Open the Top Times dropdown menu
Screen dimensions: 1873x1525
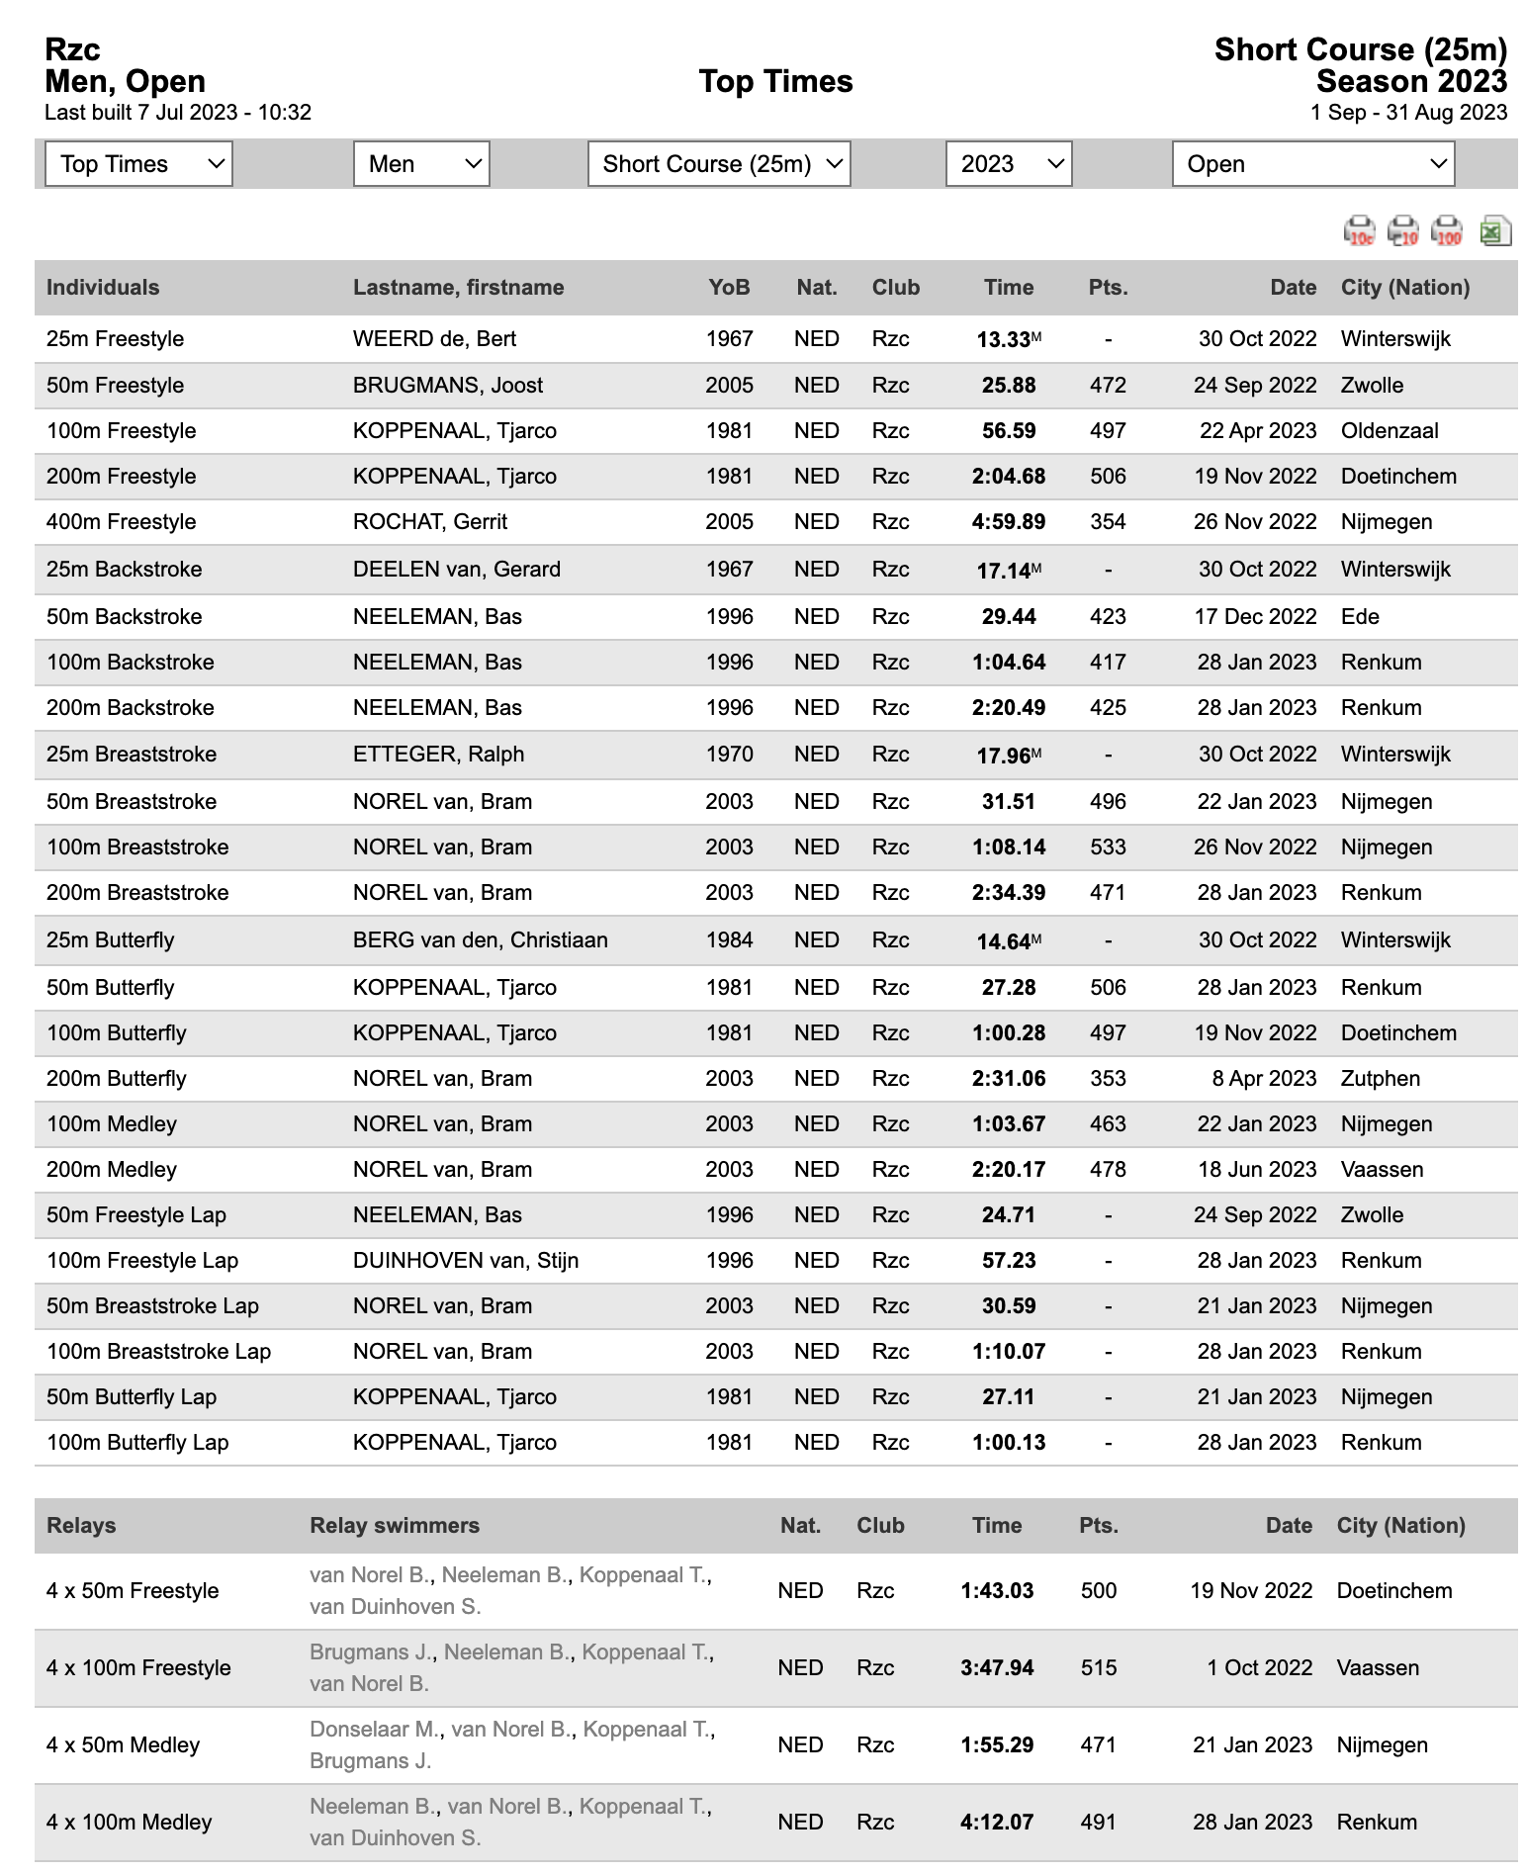138,164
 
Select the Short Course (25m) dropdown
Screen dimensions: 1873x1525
719,164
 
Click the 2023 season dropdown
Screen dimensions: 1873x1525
1009,164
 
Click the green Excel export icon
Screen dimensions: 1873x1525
1493,231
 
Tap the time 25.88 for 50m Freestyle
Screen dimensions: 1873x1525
1008,386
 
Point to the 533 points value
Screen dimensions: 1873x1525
1108,847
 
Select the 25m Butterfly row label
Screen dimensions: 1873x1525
111,940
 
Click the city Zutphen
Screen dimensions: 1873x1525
1380,1079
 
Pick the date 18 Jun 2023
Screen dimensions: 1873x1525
1257,1170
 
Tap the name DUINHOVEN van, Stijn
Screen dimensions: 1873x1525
466,1261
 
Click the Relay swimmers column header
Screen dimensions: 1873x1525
395,1525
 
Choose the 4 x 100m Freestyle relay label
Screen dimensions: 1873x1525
138,1668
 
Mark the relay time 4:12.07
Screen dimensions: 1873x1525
997,1823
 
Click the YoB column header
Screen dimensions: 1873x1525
729,288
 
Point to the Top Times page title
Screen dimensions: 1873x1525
775,81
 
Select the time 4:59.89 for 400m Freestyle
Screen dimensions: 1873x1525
1008,522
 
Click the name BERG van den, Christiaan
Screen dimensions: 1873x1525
481,940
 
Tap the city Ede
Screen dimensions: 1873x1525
1360,617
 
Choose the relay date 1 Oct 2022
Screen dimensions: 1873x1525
1259,1668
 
